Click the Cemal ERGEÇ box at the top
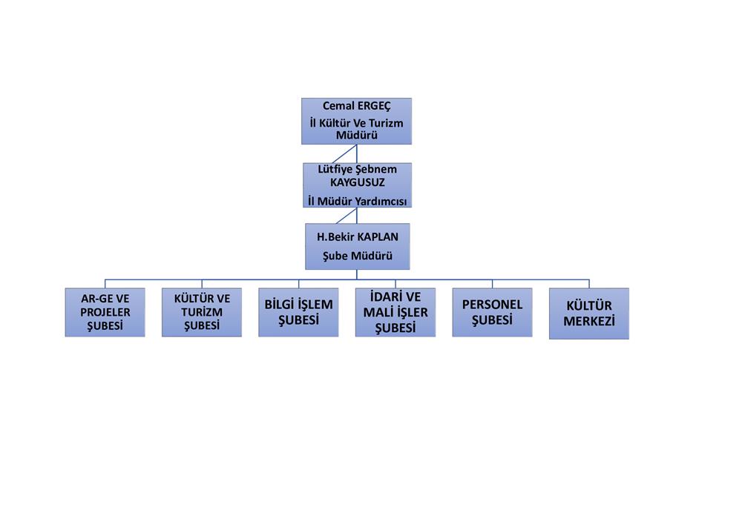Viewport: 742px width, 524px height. [356, 121]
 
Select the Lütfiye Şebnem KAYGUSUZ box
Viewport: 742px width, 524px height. [357, 185]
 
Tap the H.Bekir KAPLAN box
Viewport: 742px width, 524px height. [357, 247]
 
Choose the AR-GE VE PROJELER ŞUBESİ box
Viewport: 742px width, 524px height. [105, 312]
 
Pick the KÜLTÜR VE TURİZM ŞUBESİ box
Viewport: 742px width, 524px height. [202, 312]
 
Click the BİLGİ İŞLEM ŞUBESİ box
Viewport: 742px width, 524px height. [298, 312]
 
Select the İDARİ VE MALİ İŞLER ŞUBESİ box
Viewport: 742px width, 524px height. [395, 312]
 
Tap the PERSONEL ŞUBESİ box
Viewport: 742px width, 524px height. [492, 312]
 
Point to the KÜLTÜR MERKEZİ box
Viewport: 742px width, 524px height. [588, 314]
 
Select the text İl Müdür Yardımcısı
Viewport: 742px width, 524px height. [358, 200]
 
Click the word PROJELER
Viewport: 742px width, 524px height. [105, 312]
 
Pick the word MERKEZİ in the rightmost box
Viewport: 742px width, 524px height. [589, 322]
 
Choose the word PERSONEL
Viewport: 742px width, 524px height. [493, 305]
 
